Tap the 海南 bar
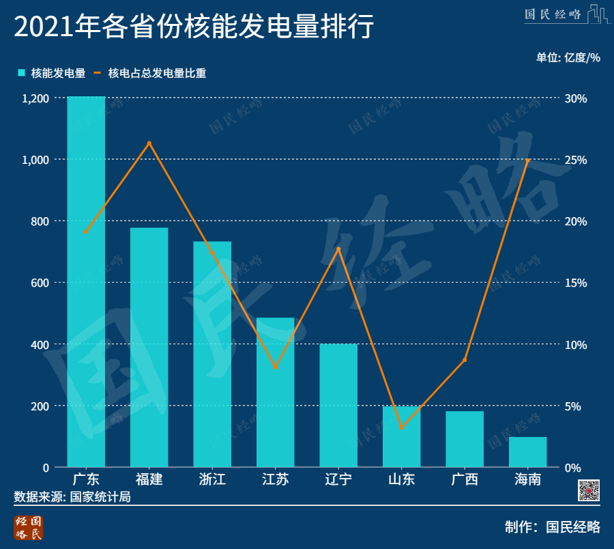click(x=528, y=451)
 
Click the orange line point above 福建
click(x=149, y=143)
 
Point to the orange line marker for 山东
click(x=402, y=427)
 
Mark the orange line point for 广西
click(x=465, y=359)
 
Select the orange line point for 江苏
click(x=276, y=367)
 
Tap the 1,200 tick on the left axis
click(x=35, y=98)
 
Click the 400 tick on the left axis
click(x=41, y=344)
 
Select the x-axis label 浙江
click(x=212, y=479)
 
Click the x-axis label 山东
click(x=402, y=479)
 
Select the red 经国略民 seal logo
click(x=29, y=528)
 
